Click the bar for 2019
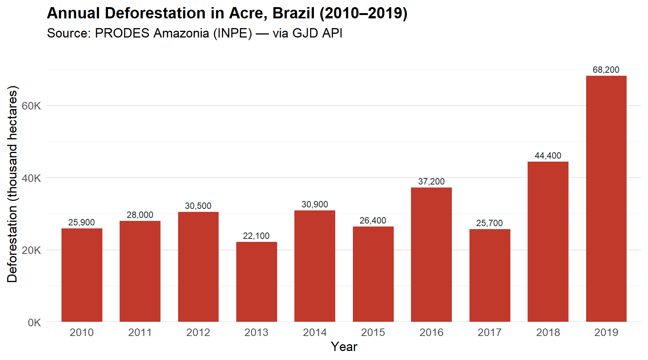(606, 199)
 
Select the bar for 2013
(256, 282)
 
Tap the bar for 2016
(431, 255)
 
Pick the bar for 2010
(82, 275)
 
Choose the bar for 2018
(548, 241)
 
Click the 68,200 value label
(606, 70)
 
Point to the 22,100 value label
(256, 236)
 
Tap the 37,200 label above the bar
(431, 181)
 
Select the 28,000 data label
(140, 215)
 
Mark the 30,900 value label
(315, 204)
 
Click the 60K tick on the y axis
(31, 106)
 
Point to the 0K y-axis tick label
(34, 322)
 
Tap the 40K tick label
(31, 178)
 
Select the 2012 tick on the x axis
(198, 332)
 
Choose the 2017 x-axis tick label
(489, 332)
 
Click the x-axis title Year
(344, 346)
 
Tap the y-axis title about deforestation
(12, 184)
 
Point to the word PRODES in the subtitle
(122, 33)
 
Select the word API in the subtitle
(332, 33)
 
